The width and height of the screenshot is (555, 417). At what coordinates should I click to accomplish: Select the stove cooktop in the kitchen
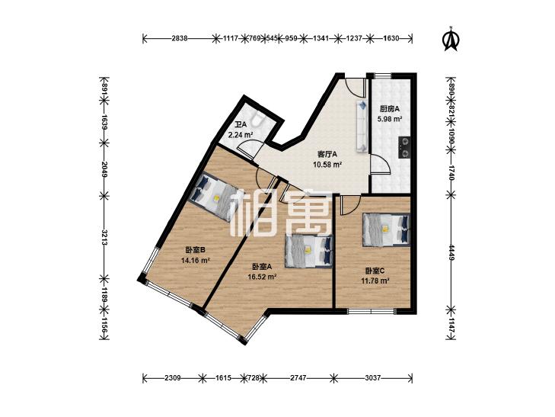(x=404, y=148)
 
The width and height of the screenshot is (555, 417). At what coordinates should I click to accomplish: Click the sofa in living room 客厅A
(x=362, y=126)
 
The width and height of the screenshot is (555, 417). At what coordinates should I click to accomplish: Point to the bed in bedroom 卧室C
(x=386, y=229)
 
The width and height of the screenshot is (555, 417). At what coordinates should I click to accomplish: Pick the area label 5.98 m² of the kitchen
(x=389, y=119)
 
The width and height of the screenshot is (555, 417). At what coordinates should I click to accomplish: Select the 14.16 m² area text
(x=196, y=261)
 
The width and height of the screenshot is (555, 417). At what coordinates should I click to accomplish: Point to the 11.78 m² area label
(x=375, y=281)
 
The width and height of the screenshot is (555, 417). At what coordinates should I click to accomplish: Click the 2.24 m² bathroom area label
(x=241, y=135)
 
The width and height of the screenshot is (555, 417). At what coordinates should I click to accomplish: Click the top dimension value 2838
(x=180, y=39)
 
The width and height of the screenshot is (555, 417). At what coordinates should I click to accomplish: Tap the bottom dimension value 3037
(x=373, y=378)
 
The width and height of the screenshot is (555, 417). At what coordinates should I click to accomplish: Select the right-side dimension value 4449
(x=451, y=252)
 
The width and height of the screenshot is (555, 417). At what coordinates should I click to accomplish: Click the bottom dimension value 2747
(x=298, y=378)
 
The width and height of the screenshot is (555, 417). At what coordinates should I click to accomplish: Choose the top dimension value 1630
(x=391, y=39)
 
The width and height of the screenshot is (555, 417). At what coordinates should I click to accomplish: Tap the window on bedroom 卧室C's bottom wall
(x=371, y=311)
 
